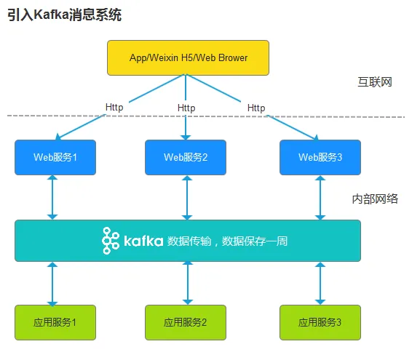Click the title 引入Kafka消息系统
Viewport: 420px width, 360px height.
click(64, 15)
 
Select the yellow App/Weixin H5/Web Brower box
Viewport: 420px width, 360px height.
click(188, 57)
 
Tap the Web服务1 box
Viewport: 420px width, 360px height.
click(55, 157)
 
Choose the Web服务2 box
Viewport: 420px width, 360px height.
click(186, 157)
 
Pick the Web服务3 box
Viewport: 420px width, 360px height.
click(320, 157)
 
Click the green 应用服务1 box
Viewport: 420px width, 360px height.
click(55, 322)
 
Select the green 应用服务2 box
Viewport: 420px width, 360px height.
click(186, 322)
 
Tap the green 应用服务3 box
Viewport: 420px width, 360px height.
click(320, 322)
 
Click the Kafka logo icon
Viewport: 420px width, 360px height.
click(111, 241)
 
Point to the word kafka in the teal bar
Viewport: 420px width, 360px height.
click(143, 241)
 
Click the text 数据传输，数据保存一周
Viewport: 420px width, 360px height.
click(227, 241)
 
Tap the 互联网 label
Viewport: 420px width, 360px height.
click(375, 82)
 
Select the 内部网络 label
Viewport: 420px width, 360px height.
click(375, 199)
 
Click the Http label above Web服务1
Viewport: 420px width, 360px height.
click(114, 108)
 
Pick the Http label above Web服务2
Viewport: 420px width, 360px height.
click(186, 108)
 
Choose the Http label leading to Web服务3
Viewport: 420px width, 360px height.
click(256, 108)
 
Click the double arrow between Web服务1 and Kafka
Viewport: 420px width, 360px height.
click(52, 198)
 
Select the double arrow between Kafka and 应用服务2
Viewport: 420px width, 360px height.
click(188, 283)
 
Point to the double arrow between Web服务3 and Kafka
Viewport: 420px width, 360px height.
click(320, 198)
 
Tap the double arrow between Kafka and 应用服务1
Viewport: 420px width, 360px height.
click(52, 284)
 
